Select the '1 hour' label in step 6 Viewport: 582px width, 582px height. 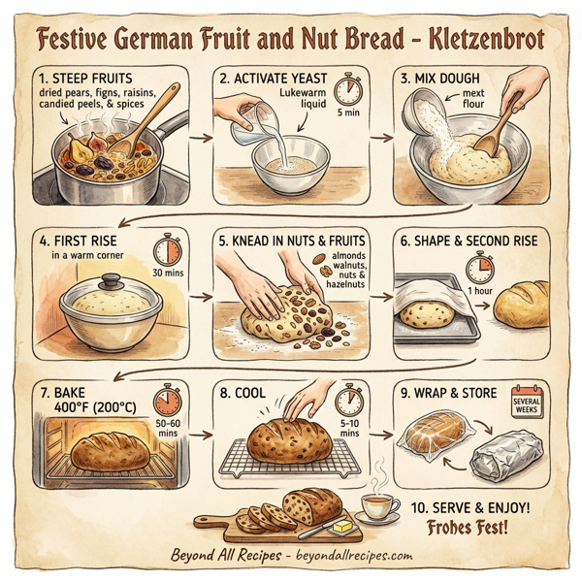coord(479,290)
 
